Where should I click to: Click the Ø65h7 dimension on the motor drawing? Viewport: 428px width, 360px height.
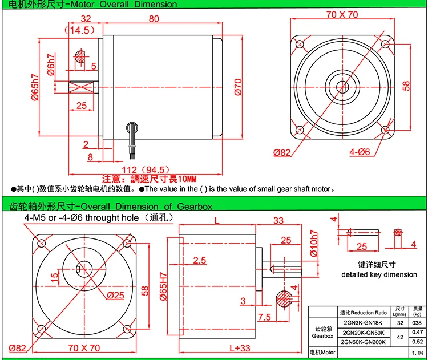pyautogui.click(x=35, y=87)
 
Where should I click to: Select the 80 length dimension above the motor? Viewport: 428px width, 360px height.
pyautogui.click(x=154, y=19)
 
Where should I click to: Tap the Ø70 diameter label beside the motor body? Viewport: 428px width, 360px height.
pyautogui.click(x=238, y=87)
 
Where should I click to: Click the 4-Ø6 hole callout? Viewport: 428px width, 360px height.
pyautogui.click(x=360, y=152)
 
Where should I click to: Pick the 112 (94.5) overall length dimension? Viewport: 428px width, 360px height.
pyautogui.click(x=146, y=170)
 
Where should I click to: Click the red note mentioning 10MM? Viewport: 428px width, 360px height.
pyautogui.click(x=150, y=179)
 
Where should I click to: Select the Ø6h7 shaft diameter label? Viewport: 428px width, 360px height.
pyautogui.click(x=51, y=64)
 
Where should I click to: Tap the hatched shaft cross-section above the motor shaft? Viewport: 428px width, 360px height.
pyautogui.click(x=80, y=57)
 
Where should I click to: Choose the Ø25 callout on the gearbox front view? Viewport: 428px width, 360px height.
pyautogui.click(x=115, y=296)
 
